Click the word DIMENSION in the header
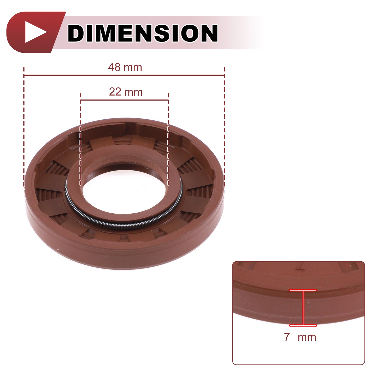(143, 33)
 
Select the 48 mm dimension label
(125, 67)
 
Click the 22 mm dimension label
(126, 92)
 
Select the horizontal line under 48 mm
(124, 75)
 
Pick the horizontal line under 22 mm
(124, 100)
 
